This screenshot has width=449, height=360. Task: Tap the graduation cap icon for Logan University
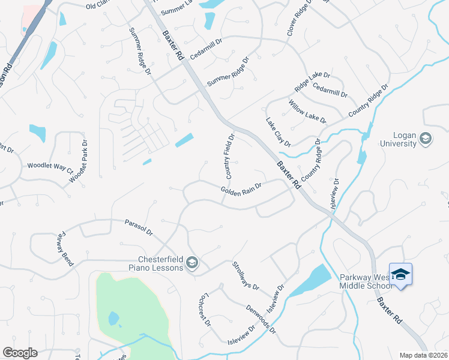(426, 139)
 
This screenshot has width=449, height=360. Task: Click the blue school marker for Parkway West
(400, 275)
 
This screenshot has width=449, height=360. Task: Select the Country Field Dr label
(229, 157)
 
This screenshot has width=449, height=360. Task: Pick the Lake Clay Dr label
(278, 132)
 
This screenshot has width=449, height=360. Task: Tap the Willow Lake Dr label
(307, 112)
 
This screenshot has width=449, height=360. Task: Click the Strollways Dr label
(245, 275)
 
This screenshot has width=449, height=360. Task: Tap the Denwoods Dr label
(260, 319)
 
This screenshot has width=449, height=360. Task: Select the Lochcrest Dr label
(203, 310)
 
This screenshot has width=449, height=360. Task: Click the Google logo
(20, 353)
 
